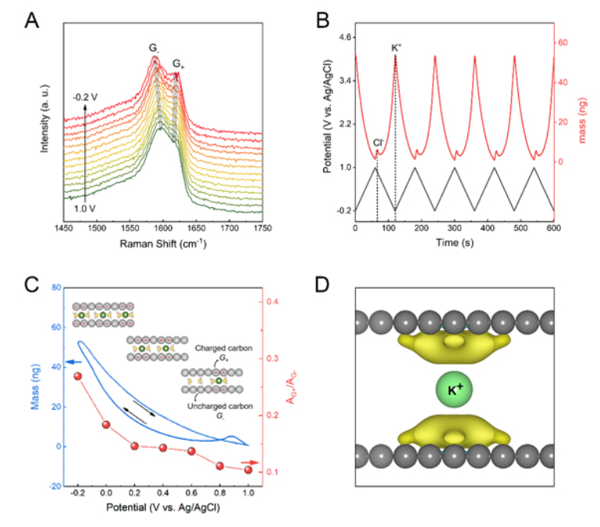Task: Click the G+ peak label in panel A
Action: click(x=179, y=64)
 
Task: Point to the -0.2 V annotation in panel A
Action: click(x=83, y=97)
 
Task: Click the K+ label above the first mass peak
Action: click(x=396, y=48)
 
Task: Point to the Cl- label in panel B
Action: click(x=378, y=142)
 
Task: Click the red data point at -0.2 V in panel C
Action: click(x=78, y=376)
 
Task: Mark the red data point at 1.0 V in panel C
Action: click(x=249, y=469)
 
